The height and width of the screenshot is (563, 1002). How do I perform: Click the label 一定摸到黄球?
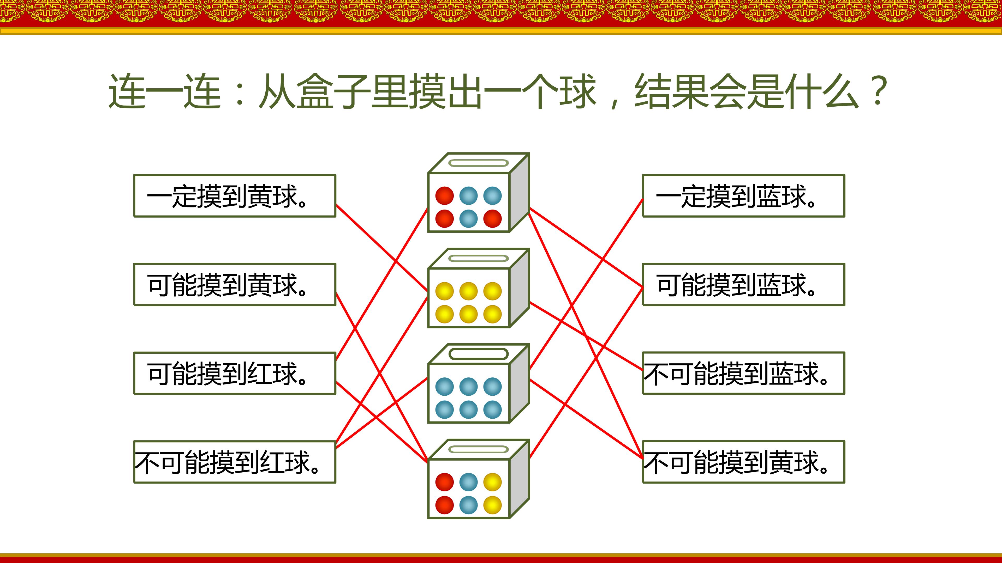pos(235,196)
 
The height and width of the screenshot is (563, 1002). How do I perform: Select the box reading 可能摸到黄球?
pos(235,284)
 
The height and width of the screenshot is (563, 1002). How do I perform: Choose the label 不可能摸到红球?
pos(235,462)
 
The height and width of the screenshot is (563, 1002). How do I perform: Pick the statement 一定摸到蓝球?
pos(743,196)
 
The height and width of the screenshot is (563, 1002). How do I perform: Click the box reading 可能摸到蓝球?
pos(743,284)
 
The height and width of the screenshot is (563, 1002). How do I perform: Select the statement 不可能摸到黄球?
pos(743,462)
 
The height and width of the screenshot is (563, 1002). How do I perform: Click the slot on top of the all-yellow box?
pos(479,258)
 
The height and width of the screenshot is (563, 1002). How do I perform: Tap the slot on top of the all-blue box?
pos(479,354)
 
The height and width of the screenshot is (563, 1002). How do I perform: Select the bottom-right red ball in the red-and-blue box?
pos(492,218)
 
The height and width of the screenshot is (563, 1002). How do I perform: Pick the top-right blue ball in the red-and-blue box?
pos(492,195)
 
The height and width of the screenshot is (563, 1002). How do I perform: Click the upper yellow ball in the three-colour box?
pos(492,482)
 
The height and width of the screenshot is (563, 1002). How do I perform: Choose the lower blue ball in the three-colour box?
pos(468,505)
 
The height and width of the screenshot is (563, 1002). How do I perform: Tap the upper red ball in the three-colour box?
pos(444,482)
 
